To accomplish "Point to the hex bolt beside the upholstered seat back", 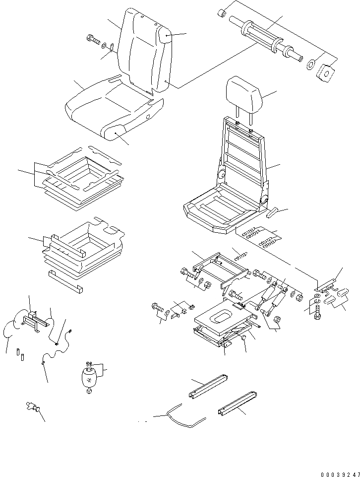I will coord(93,39).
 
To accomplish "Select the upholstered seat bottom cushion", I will coord(112,107).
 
